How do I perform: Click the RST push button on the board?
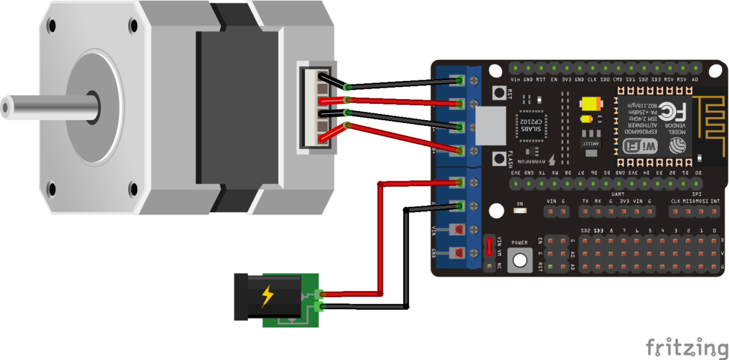(499, 92)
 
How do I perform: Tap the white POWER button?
(519, 260)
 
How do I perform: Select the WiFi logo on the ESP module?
(641, 146)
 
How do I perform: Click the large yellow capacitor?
(589, 105)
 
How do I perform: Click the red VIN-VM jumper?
(489, 247)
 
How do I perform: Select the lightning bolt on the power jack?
(267, 296)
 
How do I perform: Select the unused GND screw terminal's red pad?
(457, 252)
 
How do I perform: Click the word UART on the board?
(617, 194)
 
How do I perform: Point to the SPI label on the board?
(696, 194)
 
